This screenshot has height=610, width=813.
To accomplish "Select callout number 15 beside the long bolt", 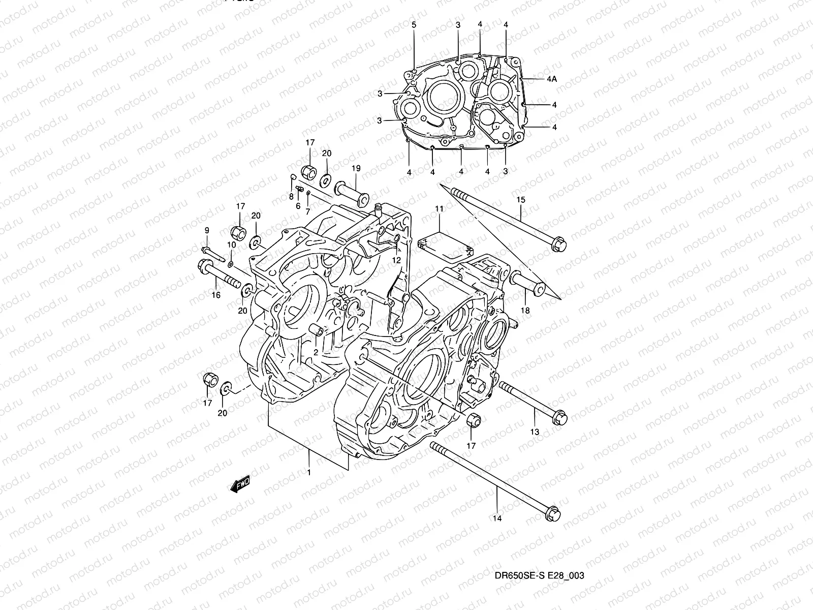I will (x=520, y=200).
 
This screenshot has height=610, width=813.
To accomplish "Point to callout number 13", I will (x=535, y=432).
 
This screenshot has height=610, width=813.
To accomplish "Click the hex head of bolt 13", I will (x=559, y=417).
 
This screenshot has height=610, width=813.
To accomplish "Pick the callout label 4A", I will (x=552, y=79).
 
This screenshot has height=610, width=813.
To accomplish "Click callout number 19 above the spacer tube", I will (x=355, y=168).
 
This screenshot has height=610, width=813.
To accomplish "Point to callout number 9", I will (x=207, y=231).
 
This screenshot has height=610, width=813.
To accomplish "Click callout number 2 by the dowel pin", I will (x=315, y=352).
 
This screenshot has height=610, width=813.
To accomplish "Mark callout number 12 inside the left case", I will (x=396, y=260).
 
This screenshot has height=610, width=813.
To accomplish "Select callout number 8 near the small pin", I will (x=291, y=196).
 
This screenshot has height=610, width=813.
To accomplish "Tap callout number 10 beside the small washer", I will (x=231, y=245).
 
